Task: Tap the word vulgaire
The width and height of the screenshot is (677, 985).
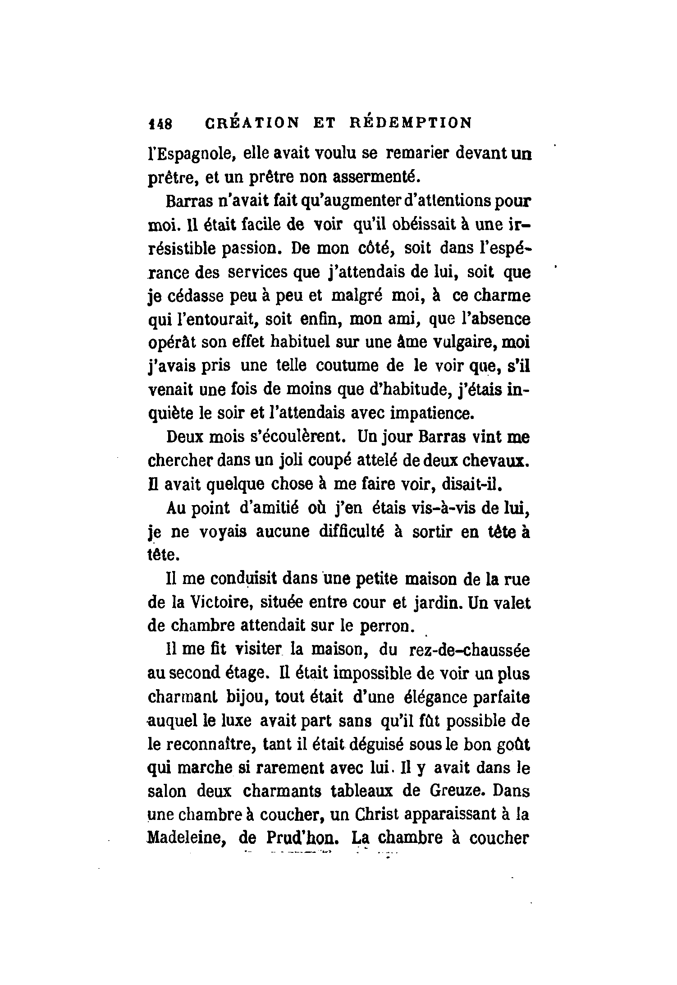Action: tap(453, 342)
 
